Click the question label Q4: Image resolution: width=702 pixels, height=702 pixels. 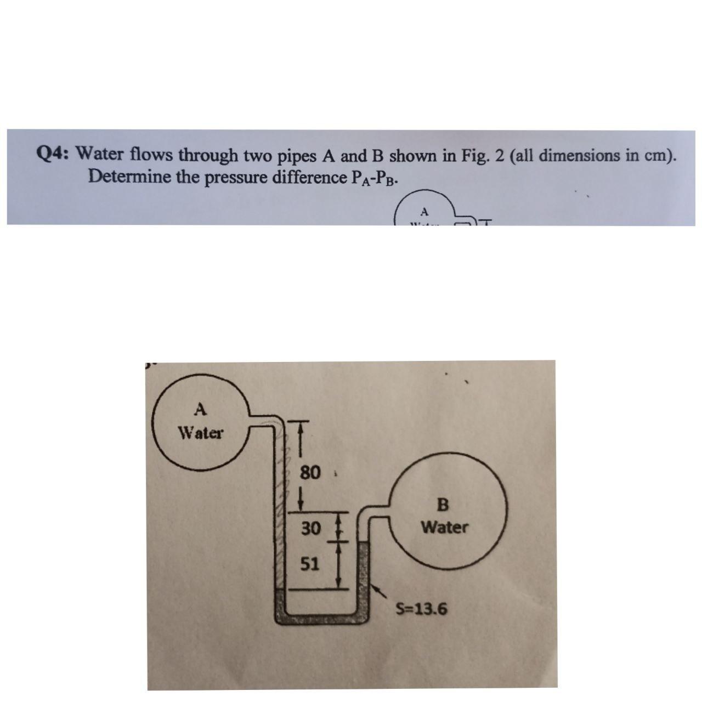tap(54, 155)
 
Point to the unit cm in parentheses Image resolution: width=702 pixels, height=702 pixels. tap(656, 155)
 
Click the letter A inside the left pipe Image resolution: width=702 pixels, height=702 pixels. tap(201, 409)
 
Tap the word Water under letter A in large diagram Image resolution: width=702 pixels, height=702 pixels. tap(201, 433)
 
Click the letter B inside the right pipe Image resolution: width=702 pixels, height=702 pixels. tap(444, 503)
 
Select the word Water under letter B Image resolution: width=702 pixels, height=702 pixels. tap(444, 528)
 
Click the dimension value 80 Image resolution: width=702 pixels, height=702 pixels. tap(310, 472)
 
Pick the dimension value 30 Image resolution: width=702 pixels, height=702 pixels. tap(310, 529)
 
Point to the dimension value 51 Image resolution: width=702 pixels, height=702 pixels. tap(310, 564)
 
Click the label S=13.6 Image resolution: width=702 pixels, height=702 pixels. tap(422, 609)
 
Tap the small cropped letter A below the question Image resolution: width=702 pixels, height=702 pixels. tap(423, 211)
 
